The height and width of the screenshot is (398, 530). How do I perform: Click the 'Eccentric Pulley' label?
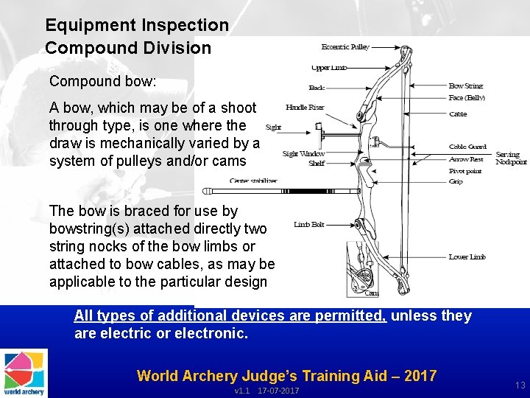point(345,47)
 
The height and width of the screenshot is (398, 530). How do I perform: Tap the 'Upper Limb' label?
point(330,68)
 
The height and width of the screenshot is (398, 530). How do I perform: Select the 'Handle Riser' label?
point(305,108)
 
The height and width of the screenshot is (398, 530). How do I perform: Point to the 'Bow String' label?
point(466,86)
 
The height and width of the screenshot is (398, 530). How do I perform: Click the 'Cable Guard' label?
point(467,147)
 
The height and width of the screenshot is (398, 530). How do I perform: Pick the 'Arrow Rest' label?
point(466,159)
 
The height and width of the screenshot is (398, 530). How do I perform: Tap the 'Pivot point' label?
point(465,171)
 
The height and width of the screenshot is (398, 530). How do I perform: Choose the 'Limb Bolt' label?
point(309,224)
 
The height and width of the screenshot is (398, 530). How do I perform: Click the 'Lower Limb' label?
point(467,257)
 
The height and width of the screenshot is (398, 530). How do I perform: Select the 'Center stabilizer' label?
point(253,181)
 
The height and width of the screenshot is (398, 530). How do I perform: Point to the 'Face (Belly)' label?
point(467,97)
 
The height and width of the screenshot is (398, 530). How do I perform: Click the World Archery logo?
point(24,373)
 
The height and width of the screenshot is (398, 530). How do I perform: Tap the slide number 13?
point(520,385)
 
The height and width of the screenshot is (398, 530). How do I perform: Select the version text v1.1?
point(241,391)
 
